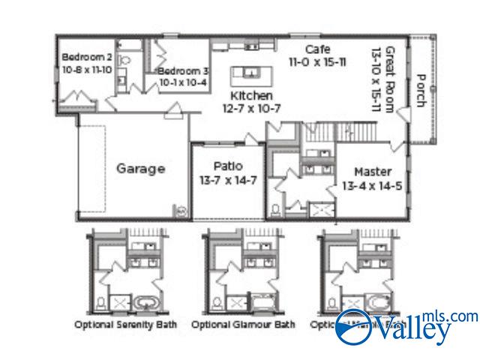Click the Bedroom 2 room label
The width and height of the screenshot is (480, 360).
pyautogui.click(x=86, y=56)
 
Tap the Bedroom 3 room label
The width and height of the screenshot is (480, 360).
pyautogui.click(x=183, y=71)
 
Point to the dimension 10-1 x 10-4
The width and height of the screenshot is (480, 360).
pyautogui.click(x=182, y=82)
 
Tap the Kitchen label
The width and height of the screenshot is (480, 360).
pyautogui.click(x=251, y=95)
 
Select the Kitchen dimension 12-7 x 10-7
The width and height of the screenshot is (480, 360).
pyautogui.click(x=251, y=108)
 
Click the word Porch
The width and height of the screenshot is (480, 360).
pyautogui.click(x=421, y=90)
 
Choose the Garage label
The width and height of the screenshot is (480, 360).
pyautogui.click(x=140, y=169)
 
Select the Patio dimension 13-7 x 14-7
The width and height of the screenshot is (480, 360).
pyautogui.click(x=226, y=179)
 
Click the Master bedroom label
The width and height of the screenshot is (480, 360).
pyautogui.click(x=373, y=171)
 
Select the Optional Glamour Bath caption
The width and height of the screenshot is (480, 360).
pyautogui.click(x=243, y=325)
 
